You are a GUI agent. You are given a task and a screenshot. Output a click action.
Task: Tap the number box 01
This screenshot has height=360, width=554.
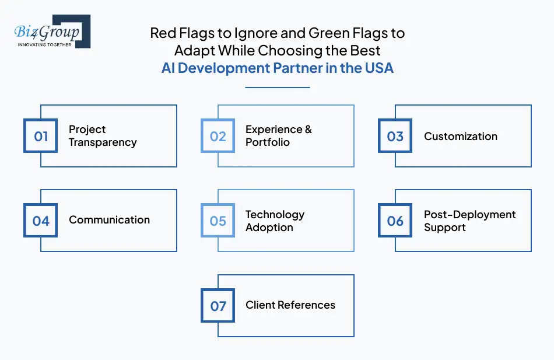click(x=41, y=136)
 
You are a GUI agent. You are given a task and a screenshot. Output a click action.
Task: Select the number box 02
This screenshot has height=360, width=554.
click(x=218, y=136)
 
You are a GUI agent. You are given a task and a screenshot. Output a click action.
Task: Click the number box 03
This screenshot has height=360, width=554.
click(x=395, y=136)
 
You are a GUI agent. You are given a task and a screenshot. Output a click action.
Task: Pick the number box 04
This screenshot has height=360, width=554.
click(x=41, y=221)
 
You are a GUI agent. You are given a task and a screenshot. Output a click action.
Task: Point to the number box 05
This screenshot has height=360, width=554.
click(x=218, y=221)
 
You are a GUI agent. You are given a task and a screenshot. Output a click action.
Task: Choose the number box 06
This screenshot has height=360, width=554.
click(x=395, y=221)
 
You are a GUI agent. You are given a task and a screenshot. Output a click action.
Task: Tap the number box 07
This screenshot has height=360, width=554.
click(x=218, y=306)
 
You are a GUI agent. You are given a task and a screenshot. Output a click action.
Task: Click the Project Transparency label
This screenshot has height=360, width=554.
click(x=103, y=136)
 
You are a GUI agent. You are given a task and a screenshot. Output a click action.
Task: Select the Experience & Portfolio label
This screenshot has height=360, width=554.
click(x=278, y=136)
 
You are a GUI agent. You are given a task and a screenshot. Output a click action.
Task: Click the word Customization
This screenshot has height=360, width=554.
click(x=461, y=137)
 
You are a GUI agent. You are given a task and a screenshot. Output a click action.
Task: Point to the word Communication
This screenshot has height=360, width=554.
click(x=109, y=220)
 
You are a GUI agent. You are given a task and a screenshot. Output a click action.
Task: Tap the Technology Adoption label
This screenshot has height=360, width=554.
click(x=275, y=221)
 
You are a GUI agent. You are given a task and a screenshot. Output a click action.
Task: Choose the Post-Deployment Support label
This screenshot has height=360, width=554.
click(x=469, y=221)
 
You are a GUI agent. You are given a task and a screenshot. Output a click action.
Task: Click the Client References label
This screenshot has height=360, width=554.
click(x=290, y=305)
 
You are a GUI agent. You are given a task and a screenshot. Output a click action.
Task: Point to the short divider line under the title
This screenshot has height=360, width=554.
click(x=277, y=88)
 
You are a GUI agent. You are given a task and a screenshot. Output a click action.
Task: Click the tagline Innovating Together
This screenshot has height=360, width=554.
click(x=45, y=44)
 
